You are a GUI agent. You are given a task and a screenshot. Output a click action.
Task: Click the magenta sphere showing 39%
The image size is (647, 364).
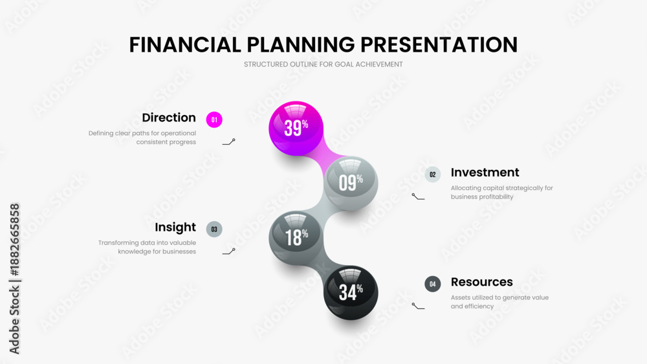tap(296, 128)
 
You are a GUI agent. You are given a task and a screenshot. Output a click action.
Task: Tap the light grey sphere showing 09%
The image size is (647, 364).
tap(351, 183)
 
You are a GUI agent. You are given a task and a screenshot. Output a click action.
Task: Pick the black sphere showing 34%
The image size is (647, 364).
tap(351, 292)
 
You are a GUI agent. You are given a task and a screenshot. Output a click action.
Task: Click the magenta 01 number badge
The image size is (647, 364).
tap(214, 120)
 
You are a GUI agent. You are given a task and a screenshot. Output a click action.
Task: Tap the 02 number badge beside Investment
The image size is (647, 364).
tap(433, 175)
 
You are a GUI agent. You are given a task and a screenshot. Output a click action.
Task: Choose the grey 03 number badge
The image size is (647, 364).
tap(214, 229)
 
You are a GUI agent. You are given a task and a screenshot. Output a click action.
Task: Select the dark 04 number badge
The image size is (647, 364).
tap(433, 284)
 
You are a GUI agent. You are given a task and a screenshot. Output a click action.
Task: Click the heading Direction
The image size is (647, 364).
tap(169, 118)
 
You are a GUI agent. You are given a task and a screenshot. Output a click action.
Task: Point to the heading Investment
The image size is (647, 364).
tap(485, 173)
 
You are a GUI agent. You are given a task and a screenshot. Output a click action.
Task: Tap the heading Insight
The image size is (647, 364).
tap(175, 228)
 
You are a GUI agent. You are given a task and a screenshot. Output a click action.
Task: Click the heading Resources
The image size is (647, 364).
tap(481, 282)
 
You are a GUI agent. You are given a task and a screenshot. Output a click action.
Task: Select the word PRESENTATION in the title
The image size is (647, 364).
tap(439, 45)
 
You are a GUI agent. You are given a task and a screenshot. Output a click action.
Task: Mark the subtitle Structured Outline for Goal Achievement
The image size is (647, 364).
tap(323, 65)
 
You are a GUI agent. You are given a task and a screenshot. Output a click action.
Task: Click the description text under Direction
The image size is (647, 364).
tap(142, 138)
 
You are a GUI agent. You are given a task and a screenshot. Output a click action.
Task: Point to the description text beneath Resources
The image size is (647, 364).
tap(499, 302)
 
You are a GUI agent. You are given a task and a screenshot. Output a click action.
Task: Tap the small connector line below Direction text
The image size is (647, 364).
tap(228, 142)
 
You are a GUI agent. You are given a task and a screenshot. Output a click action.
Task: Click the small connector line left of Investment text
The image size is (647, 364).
tap(418, 197)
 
